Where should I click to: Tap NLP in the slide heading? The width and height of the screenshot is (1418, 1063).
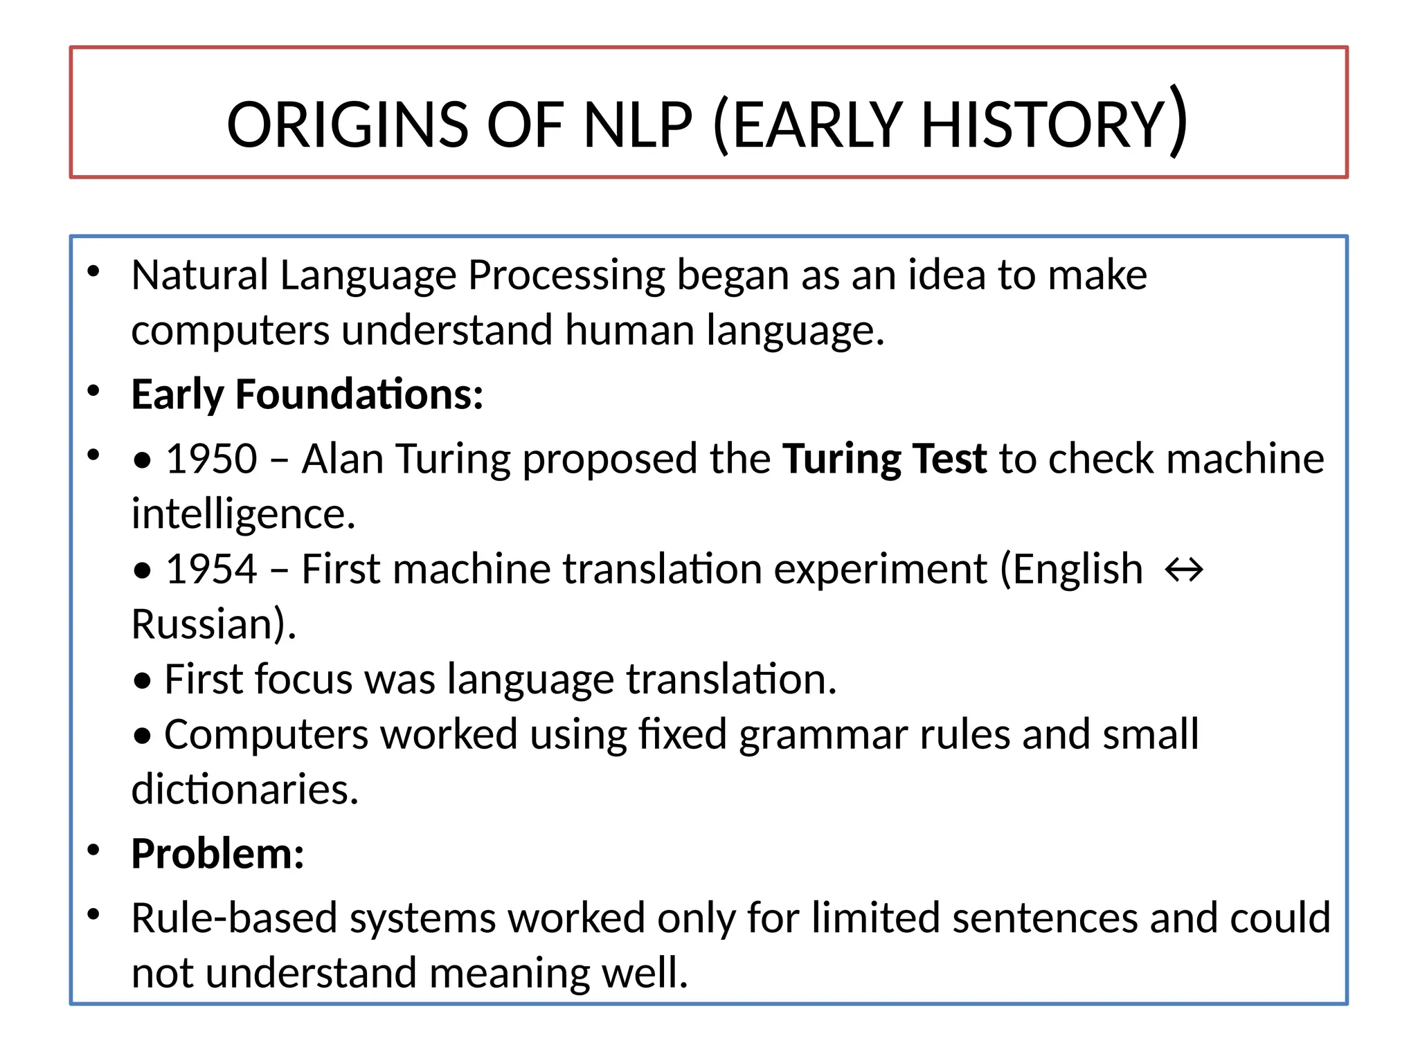[637, 125]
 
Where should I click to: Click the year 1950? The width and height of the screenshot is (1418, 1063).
[212, 459]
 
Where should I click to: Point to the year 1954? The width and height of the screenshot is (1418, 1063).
[212, 570]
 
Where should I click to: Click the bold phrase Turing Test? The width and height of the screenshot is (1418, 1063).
[884, 459]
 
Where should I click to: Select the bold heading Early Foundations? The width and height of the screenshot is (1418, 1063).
[307, 394]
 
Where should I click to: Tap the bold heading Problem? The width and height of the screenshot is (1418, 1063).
[217, 853]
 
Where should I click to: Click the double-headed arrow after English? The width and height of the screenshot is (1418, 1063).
[1184, 570]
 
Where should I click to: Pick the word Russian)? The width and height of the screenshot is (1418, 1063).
[213, 624]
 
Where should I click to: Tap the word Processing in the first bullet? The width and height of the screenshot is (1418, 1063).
[566, 275]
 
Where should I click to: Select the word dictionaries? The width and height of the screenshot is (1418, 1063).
[244, 789]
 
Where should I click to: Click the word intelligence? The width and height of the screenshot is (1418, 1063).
[243, 514]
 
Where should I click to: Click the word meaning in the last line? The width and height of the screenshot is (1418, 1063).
[509, 973]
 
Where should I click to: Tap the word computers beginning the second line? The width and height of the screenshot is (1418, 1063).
[230, 331]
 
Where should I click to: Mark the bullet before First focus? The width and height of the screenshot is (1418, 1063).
[143, 682]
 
